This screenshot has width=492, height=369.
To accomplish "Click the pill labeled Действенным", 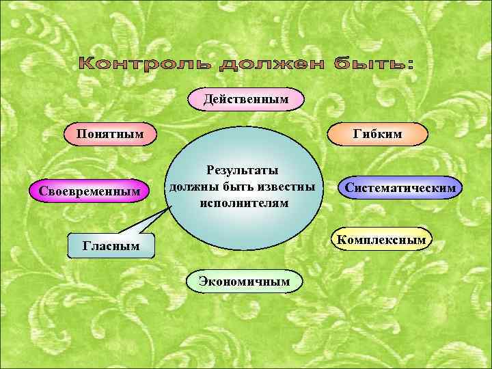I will pyautogui.click(x=245, y=100).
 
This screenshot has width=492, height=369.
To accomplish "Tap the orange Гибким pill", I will pyautogui.click(x=377, y=134).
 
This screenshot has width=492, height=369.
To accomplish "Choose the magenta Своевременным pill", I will pyautogui.click(x=94, y=191).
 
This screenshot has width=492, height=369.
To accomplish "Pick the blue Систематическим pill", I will pyautogui.click(x=400, y=187).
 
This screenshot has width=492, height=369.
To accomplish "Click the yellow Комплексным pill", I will pyautogui.click(x=382, y=239).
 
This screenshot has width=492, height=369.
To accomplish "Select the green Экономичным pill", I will pyautogui.click(x=244, y=280).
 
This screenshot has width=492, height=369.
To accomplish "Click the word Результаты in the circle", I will pyautogui.click(x=244, y=171).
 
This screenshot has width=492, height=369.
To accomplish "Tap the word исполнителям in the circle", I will pyautogui.click(x=244, y=203).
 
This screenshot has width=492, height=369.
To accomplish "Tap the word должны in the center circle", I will pyautogui.click(x=193, y=187).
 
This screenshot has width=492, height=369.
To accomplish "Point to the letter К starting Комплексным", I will pyautogui.click(x=340, y=240).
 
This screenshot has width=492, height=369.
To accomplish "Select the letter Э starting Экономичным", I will pyautogui.click(x=203, y=281).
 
